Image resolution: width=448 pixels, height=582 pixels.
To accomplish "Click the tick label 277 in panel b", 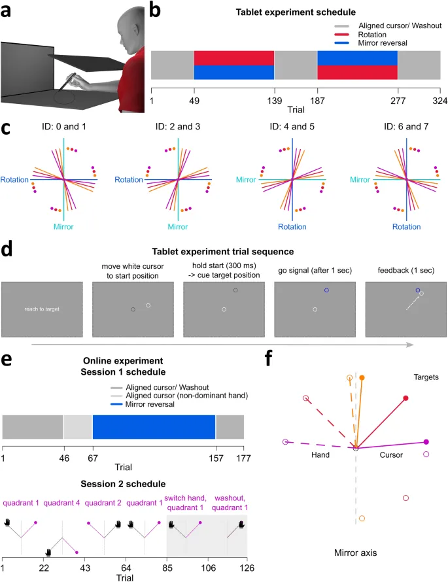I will tap(397, 102).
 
